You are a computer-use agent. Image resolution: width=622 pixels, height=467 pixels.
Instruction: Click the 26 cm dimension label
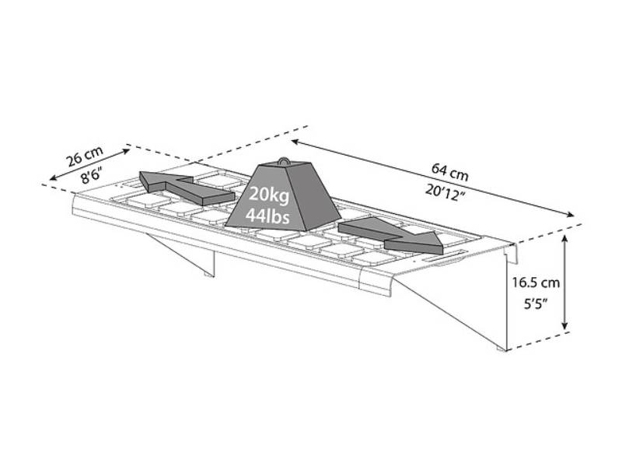85,156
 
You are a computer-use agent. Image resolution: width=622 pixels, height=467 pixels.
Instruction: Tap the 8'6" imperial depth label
92,175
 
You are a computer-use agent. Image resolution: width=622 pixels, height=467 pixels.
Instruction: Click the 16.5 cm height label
536,283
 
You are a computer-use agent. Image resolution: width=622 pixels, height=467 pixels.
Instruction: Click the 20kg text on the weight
269,196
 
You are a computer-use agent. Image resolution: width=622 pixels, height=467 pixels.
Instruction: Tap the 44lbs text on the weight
267,216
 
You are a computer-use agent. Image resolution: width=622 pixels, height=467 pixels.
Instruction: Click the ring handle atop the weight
284,161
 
